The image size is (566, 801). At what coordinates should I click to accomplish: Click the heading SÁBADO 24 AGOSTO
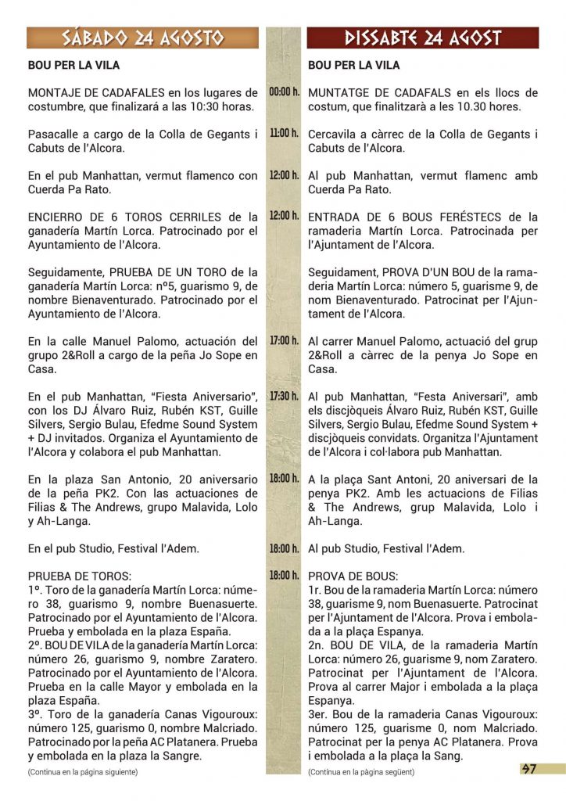pos(143,38)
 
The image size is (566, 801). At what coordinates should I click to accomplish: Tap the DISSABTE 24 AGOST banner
pos(423,38)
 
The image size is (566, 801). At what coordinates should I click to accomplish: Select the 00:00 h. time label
pos(284,92)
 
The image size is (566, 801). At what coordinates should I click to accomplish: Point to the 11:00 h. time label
pos(284,134)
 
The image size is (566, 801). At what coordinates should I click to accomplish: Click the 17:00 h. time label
pos(284,341)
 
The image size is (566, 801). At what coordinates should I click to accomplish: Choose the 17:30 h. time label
pos(284,396)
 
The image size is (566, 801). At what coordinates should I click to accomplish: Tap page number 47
pos(528,769)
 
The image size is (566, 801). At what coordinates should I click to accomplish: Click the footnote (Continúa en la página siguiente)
pos(82,772)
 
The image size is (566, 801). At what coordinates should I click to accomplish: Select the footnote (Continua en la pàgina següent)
pos(361,772)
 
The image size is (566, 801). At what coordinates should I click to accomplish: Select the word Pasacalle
pos(56,135)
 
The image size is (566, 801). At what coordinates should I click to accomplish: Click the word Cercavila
pos(336,135)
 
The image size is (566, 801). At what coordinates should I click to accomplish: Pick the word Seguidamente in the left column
pos(66,272)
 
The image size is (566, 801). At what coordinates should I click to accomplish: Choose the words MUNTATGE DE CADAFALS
pos(380,93)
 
